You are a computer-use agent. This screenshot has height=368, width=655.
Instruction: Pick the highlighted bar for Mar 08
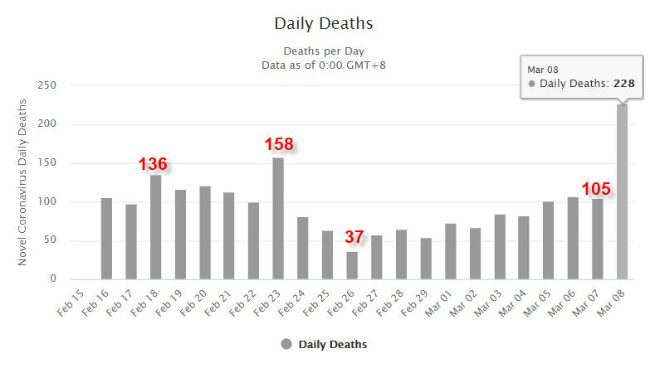[x=622, y=191]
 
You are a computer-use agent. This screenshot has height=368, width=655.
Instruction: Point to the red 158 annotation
[x=279, y=144]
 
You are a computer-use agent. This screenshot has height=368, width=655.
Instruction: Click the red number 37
[x=354, y=237]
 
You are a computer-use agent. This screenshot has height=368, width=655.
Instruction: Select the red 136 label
[x=153, y=164]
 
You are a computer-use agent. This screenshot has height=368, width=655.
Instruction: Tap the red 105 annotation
[x=596, y=189]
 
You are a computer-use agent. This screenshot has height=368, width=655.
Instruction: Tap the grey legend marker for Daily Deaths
[x=286, y=344]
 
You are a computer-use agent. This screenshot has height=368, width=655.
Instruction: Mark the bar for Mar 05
[x=548, y=240]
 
